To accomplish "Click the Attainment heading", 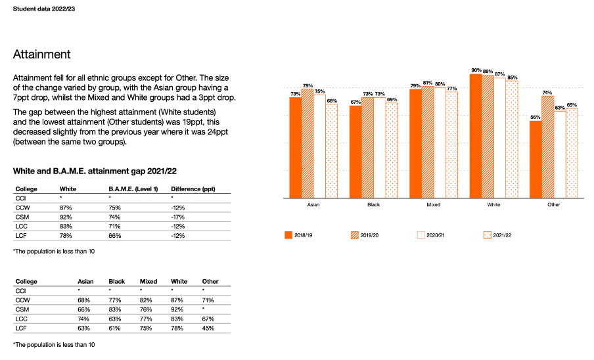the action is point(41,54).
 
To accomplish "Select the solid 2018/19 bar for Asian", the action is point(296,148).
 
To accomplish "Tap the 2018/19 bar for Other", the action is point(536,160).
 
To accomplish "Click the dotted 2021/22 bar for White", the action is point(512,139).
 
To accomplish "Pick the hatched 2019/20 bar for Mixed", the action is point(428,143).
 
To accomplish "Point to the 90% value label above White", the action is point(476,70).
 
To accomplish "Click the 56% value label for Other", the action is point(536,117).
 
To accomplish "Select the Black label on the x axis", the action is point(373,204).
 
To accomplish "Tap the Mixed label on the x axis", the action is point(434,204).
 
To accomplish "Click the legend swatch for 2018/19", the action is point(288,235).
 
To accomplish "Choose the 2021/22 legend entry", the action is point(498,235).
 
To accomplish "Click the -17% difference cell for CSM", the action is point(177,217).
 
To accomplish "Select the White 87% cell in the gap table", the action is point(66,208).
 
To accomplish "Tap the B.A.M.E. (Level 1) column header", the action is point(133,189).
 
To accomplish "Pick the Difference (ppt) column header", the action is point(193,189).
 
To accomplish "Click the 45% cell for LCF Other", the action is point(208,328).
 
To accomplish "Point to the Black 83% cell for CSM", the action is point(115,309).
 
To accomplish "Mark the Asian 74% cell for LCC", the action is point(83,319).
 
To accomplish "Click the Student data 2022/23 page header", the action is point(44,9).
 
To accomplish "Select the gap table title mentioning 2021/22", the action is point(95,171).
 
